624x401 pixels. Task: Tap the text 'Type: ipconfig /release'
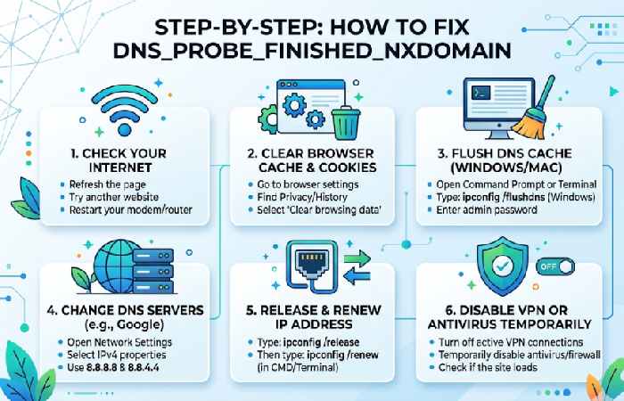point(298,341)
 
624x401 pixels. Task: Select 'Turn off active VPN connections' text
point(513,342)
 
